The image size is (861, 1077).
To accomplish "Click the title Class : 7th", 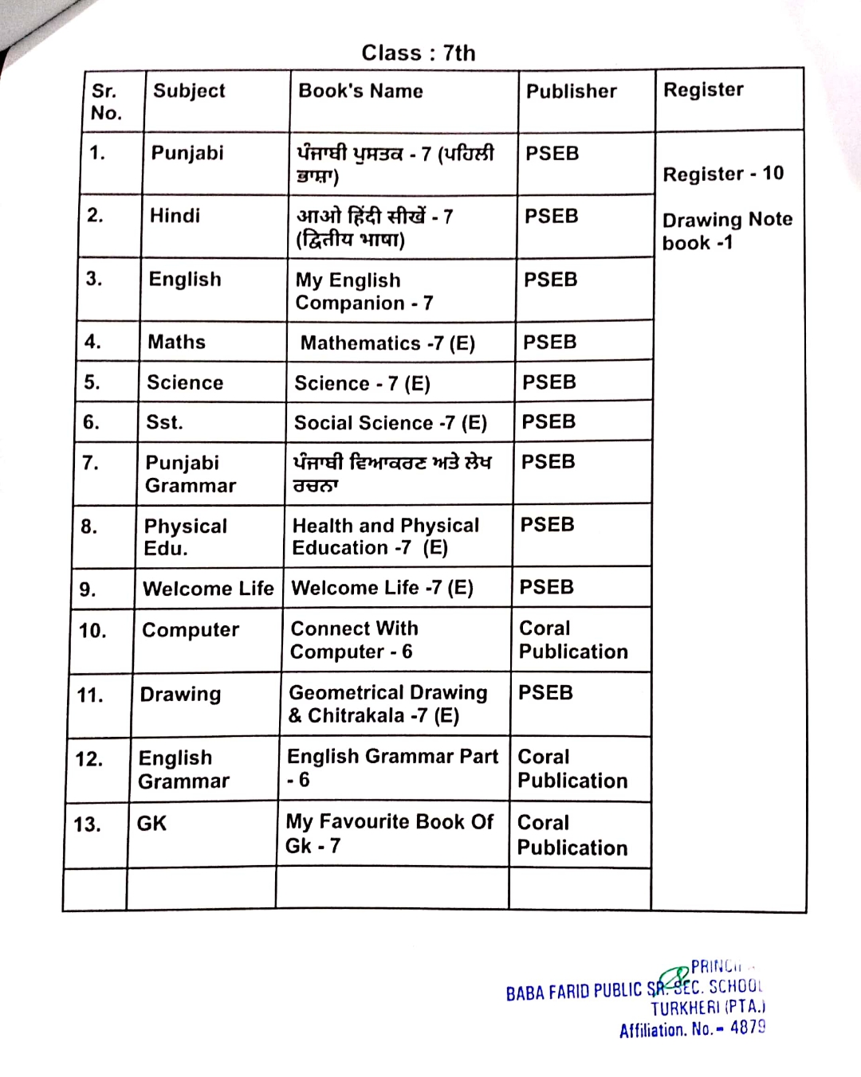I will [x=419, y=53].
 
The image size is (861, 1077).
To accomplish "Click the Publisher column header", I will [x=571, y=92].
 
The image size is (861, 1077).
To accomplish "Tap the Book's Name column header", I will [x=360, y=91].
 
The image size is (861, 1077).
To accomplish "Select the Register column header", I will [x=703, y=90].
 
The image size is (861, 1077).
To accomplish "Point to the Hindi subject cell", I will [x=175, y=216].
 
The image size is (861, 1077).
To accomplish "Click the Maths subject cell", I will [x=177, y=343].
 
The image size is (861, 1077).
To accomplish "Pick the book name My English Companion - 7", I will [x=364, y=292].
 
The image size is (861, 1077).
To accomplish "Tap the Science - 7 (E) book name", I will [x=362, y=384].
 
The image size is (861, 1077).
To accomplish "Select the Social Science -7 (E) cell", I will [x=390, y=423].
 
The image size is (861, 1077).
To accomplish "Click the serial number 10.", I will [x=92, y=631].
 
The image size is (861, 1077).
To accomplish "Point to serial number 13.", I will [x=87, y=824].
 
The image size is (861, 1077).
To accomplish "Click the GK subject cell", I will [x=151, y=824].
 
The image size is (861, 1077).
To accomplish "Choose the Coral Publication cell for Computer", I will [x=572, y=640].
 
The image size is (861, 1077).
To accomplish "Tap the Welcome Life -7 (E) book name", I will [x=382, y=588].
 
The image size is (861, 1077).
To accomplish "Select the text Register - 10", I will [x=723, y=174].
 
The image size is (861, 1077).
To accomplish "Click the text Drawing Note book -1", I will [x=726, y=231].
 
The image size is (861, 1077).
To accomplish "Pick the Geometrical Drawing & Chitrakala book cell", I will [x=387, y=704].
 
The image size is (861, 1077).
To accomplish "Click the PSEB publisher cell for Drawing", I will [x=545, y=693].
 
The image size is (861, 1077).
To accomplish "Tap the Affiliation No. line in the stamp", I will [x=692, y=1029].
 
